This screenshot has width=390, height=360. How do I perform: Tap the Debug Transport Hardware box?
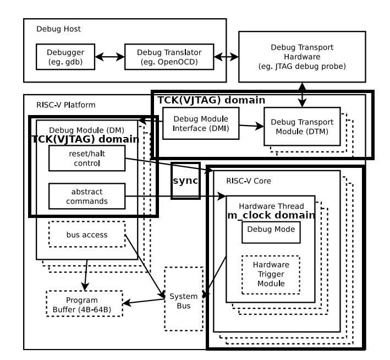click(x=302, y=56)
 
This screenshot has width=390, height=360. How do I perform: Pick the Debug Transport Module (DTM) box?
click(x=302, y=126)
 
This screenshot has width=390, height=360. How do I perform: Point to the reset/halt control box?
click(x=86, y=158)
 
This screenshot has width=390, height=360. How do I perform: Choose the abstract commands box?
click(x=86, y=195)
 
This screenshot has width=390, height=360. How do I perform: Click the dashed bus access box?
click(x=86, y=235)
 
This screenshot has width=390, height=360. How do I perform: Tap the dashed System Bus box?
click(x=184, y=298)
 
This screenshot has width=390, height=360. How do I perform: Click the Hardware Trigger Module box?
click(x=271, y=274)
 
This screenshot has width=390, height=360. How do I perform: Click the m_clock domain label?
click(x=271, y=215)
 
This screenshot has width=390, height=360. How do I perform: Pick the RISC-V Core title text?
click(x=249, y=180)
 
